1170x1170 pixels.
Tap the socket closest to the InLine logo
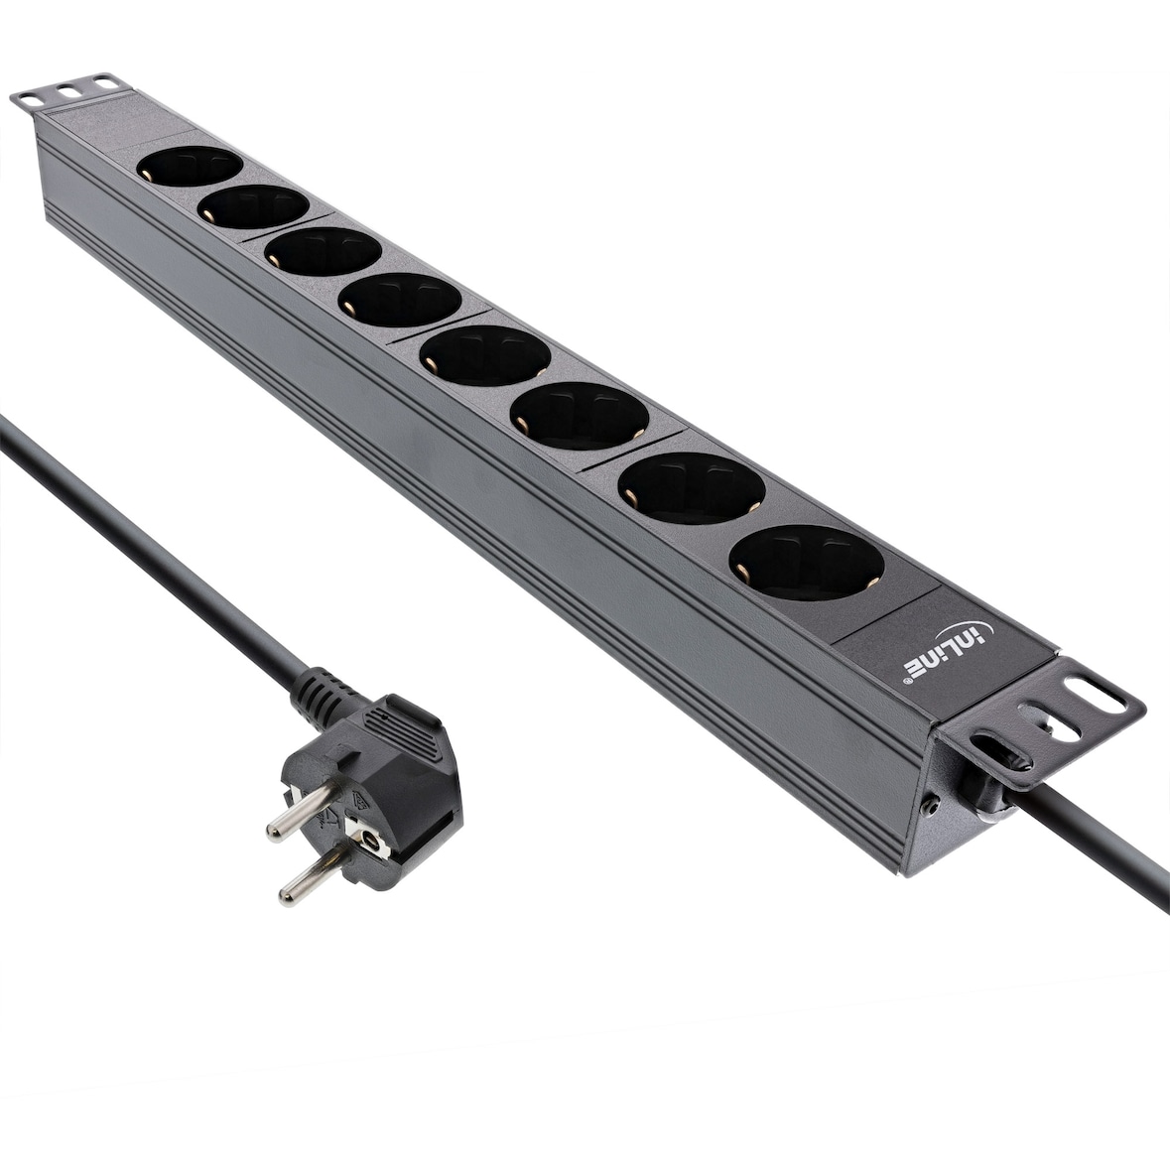click(x=806, y=563)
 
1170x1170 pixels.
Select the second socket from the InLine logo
click(x=692, y=487)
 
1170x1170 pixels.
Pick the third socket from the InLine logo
click(x=580, y=416)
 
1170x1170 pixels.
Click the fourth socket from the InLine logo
click(x=484, y=355)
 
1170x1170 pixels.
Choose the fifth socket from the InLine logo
click(x=399, y=299)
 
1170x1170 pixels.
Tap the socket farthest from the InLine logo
click(x=189, y=165)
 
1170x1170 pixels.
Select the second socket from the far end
click(x=253, y=205)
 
